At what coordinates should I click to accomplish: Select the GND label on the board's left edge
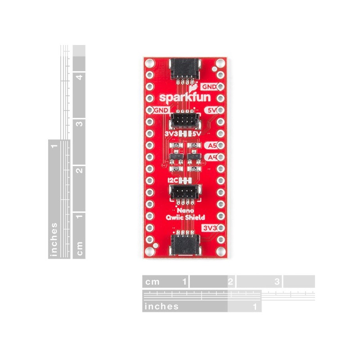coord(162,109)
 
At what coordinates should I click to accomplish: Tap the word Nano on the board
coord(182,210)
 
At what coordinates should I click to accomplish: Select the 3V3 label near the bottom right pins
coord(210,228)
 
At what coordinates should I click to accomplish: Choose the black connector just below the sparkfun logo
coord(182,120)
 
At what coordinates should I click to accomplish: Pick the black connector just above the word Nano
coord(182,193)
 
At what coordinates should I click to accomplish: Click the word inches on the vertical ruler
coord(54,239)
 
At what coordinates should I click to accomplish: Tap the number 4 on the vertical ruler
coord(79,77)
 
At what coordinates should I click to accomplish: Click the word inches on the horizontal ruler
coord(161,307)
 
